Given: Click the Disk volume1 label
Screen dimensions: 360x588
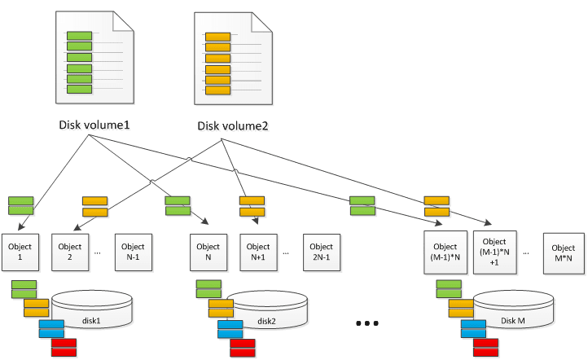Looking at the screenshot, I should click(95, 126).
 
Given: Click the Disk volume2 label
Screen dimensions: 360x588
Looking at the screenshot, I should click(234, 127).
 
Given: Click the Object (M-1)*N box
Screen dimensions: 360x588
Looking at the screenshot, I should click(445, 252).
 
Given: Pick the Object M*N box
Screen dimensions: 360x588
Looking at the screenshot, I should click(563, 253).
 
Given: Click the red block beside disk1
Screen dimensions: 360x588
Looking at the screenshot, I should click(64, 349).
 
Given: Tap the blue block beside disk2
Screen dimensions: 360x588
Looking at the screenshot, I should click(230, 329).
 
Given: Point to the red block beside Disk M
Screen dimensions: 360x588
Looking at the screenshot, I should click(485, 349).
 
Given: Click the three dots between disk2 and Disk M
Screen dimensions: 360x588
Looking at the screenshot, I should click(367, 323).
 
